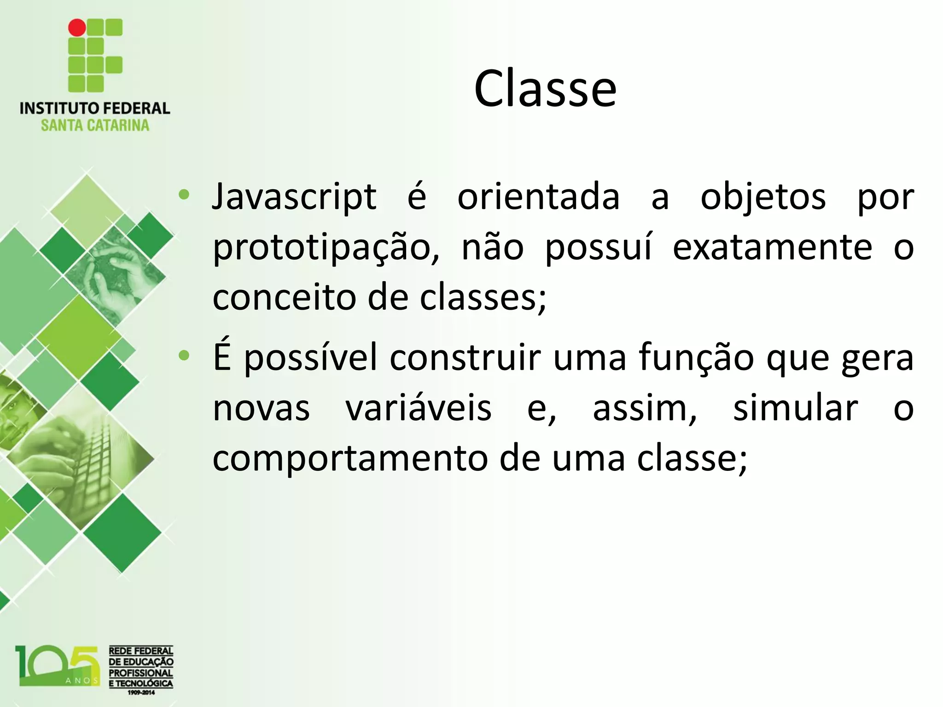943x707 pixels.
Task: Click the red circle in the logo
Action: pos(77,28)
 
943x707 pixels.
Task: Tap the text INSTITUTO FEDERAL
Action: pos(95,109)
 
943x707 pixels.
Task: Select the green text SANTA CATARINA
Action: pos(95,126)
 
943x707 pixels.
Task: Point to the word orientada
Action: pos(538,197)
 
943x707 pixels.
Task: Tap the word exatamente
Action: pos(772,248)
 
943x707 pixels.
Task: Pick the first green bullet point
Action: pos(184,195)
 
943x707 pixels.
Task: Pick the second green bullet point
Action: pos(184,355)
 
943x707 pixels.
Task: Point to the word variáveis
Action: pos(419,408)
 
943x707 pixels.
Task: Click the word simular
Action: pos(795,408)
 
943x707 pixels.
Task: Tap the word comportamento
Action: pos(350,458)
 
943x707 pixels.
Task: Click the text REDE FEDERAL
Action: pos(141,651)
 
